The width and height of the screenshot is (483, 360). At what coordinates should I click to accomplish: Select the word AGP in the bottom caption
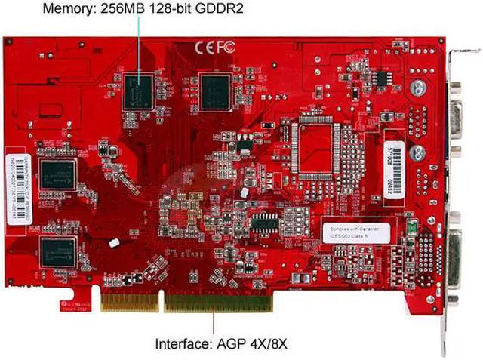pyautogui.click(x=229, y=344)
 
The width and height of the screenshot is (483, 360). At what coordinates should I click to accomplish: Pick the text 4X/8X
pyautogui.click(x=266, y=344)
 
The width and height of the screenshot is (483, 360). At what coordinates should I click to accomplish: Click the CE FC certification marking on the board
pyautogui.click(x=215, y=47)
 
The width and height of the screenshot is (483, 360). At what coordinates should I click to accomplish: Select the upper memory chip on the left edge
pyautogui.click(x=58, y=174)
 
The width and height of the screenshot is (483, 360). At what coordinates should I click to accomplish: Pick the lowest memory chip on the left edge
pyautogui.click(x=58, y=251)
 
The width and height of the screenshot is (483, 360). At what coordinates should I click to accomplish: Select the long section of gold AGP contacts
pyautogui.click(x=217, y=302)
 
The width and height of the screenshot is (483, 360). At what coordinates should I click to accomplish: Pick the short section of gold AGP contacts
pyautogui.click(x=130, y=302)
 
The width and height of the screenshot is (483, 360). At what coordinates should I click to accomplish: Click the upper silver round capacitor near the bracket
pyautogui.click(x=417, y=88)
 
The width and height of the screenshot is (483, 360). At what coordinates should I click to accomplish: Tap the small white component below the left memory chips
pyautogui.click(x=114, y=243)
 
